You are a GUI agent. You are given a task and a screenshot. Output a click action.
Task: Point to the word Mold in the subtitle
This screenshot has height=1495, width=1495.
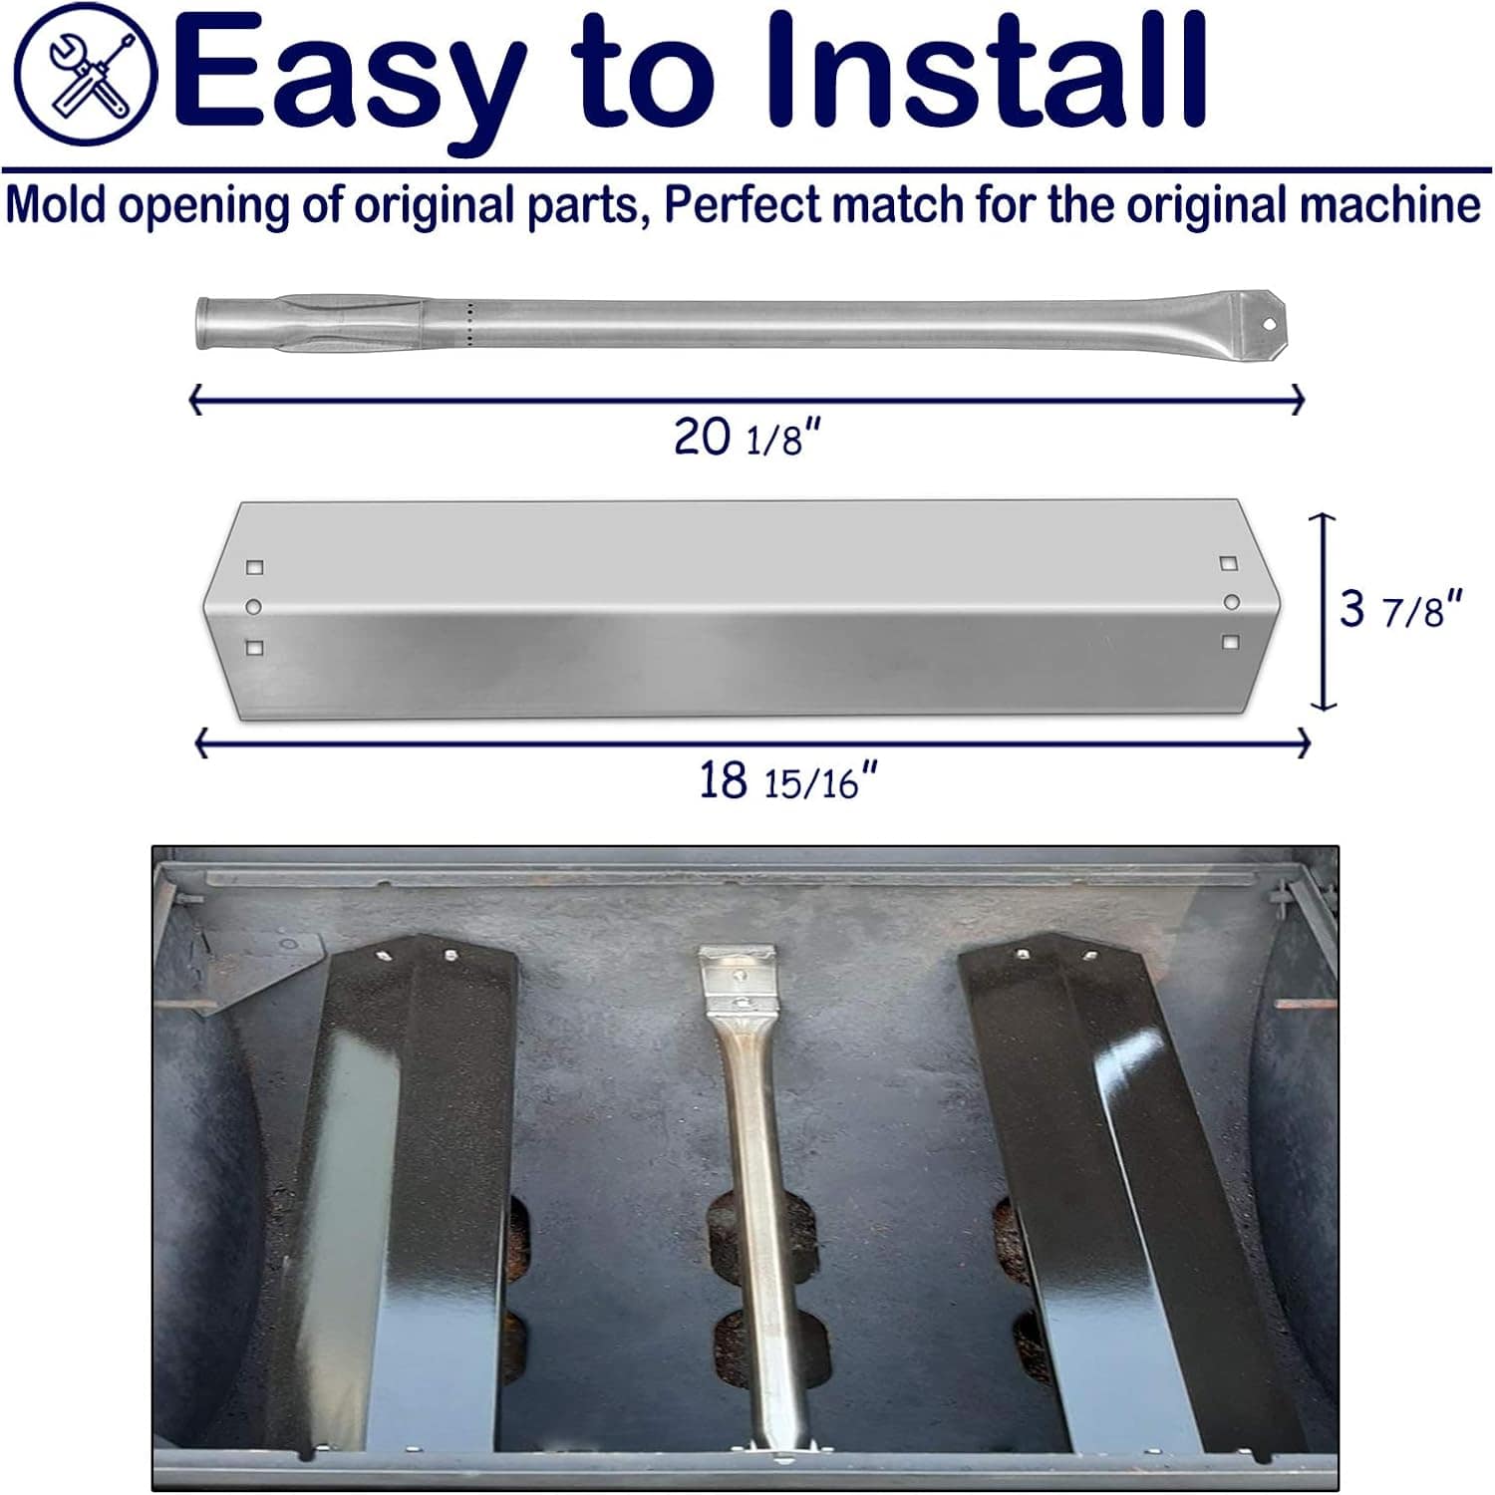[55, 205]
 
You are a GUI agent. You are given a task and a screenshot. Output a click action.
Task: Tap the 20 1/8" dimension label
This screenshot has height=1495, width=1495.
[747, 437]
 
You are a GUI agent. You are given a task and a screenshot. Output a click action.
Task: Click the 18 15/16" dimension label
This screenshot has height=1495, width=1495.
[787, 780]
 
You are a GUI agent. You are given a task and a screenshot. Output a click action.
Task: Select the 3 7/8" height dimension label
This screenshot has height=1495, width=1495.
[1400, 608]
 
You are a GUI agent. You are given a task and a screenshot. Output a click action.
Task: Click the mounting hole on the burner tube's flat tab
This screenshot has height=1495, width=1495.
[1269, 324]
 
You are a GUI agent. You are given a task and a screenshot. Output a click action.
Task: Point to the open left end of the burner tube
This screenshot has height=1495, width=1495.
[202, 323]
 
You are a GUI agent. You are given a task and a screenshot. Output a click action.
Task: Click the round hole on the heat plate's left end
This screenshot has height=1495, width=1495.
[254, 606]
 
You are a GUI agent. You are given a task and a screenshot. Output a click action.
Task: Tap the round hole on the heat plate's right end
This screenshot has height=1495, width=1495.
[1232, 602]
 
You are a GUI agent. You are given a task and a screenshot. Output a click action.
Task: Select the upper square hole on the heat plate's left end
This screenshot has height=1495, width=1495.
[255, 567]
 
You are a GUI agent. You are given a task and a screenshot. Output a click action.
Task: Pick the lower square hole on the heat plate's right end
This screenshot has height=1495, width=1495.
[1231, 643]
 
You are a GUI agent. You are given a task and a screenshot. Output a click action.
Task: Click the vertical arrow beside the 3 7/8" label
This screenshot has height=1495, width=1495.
[1323, 611]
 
